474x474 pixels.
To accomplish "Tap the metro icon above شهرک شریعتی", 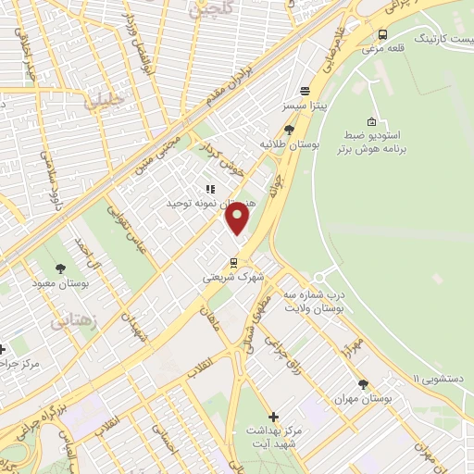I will pyautogui.click(x=234, y=262).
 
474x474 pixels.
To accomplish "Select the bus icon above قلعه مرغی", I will pyautogui.click(x=381, y=34).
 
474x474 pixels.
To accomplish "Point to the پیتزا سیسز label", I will pyautogui.click(x=306, y=107).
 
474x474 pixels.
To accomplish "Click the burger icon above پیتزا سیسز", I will pyautogui.click(x=305, y=92).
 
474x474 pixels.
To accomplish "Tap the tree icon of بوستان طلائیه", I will pyautogui.click(x=290, y=130).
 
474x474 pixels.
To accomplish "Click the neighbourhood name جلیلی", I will pyautogui.click(x=103, y=102).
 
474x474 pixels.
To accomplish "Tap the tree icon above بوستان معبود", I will pyautogui.click(x=60, y=269).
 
